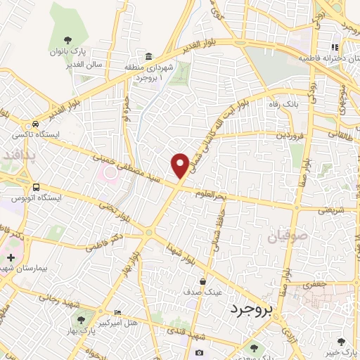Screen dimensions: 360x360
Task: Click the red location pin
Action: [180, 165]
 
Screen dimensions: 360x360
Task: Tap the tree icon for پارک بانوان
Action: [67, 40]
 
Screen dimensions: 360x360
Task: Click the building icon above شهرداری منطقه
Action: [149, 56]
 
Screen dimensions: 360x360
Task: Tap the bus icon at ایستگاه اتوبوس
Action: [36, 186]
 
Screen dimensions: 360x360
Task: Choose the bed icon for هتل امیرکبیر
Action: [117, 311]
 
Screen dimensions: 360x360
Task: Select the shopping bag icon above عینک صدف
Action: [202, 281]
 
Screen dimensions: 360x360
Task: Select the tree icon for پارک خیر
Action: [342, 341]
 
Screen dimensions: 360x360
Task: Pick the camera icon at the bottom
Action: [200, 352]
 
